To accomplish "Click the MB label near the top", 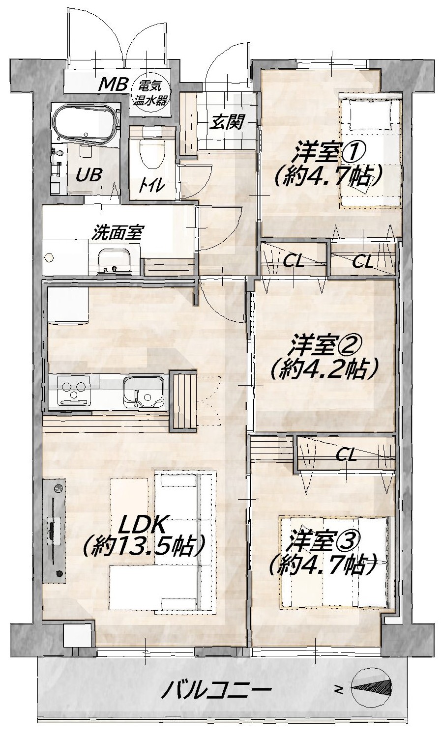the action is pos(113,85).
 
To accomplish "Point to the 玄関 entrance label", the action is pos(227,122).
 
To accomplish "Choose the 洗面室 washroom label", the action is pos(117,232).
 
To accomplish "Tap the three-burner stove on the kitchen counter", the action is pos(74,390).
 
